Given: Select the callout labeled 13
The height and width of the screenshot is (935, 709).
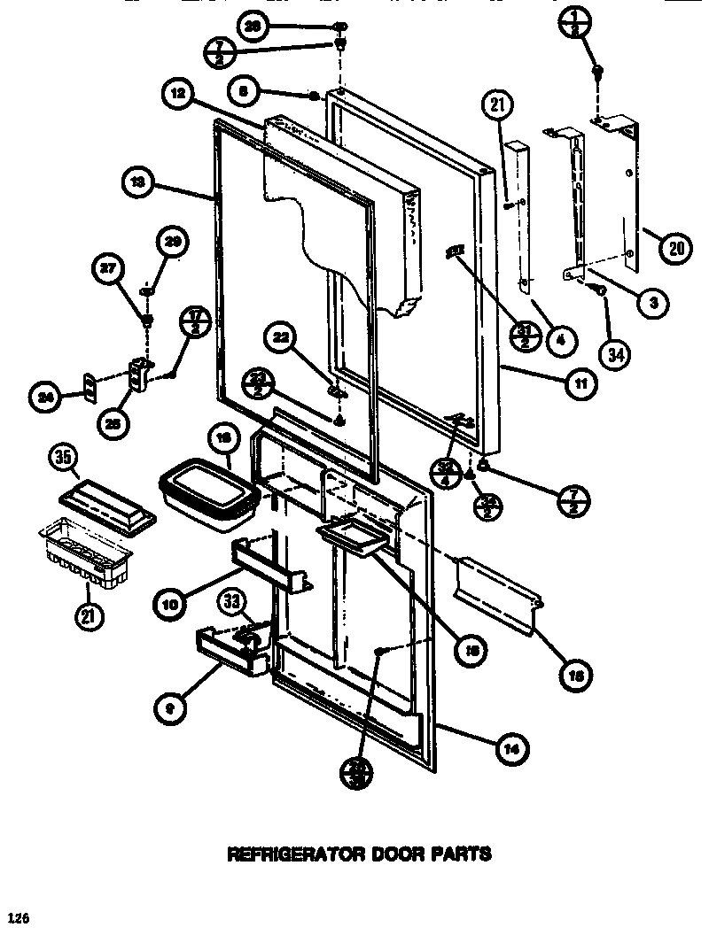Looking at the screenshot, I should pyautogui.click(x=137, y=184).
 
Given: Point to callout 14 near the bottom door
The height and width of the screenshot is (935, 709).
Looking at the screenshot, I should pyautogui.click(x=510, y=749).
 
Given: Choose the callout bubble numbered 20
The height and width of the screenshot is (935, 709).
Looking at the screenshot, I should pyautogui.click(x=675, y=249).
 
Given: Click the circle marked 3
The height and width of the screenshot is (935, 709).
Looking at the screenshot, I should pyautogui.click(x=653, y=302).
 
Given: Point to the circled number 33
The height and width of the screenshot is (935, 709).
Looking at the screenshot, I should pyautogui.click(x=231, y=602).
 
